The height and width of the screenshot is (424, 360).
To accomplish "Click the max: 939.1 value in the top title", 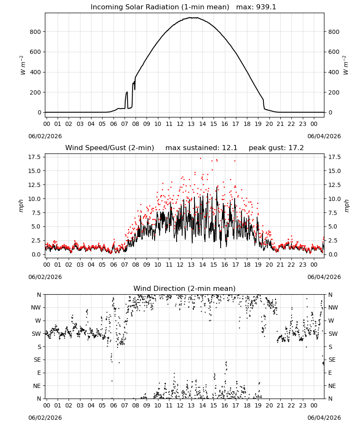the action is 256,7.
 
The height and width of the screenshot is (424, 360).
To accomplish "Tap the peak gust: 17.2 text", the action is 276,148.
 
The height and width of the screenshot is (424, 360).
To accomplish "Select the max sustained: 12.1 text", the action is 201,148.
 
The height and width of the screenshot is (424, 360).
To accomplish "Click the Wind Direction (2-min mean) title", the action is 185,288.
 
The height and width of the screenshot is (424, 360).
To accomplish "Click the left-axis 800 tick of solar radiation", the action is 36,32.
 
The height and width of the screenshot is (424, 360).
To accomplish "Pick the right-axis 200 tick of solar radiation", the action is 334,92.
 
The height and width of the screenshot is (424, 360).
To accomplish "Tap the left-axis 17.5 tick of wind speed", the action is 35,157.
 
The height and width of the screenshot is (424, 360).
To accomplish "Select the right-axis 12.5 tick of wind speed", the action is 335,185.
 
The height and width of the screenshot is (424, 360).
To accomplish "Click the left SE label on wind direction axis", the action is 37,360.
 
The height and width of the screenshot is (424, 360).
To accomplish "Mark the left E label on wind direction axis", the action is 39,373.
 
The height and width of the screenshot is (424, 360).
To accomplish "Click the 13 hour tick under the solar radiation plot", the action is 191,124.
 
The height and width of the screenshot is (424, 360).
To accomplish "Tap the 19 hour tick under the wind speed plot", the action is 258,265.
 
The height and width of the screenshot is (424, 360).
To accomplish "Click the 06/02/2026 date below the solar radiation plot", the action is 45,136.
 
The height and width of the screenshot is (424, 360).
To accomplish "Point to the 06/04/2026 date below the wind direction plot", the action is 324,418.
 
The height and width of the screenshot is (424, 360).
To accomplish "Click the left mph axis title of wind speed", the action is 21,206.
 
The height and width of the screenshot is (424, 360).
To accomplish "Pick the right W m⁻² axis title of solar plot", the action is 346,65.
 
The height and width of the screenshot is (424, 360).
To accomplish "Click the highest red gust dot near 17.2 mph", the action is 200,159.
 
